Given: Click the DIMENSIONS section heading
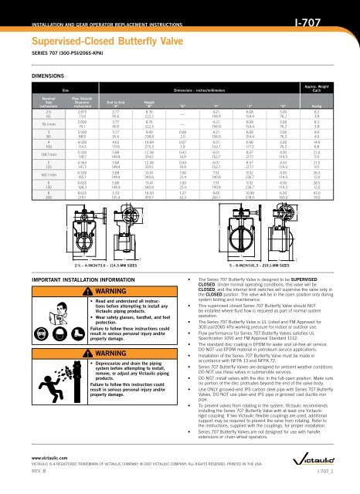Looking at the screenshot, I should point(32,76).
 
